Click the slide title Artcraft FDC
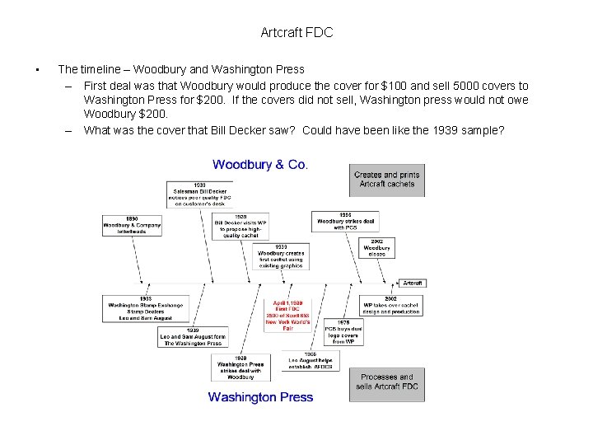(296, 33)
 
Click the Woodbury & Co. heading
(260, 165)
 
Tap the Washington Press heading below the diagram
(260, 397)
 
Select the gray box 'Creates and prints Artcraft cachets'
(387, 180)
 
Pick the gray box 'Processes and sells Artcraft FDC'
(387, 384)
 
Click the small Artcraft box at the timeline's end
(413, 283)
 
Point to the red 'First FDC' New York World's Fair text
(287, 314)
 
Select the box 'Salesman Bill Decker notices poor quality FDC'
(200, 194)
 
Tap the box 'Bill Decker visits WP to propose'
(241, 225)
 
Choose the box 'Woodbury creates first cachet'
(281, 256)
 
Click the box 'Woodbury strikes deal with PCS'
(346, 221)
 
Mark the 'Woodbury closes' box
(377, 247)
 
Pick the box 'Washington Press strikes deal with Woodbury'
(240, 368)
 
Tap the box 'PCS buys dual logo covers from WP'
(343, 333)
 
